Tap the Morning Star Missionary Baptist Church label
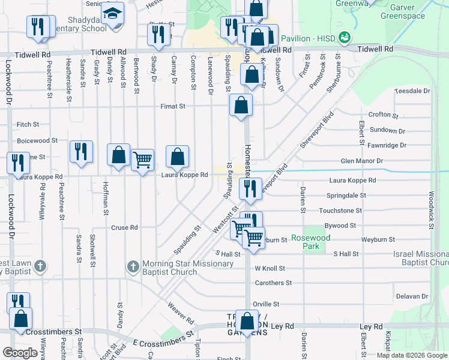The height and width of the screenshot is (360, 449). (x=170, y=268)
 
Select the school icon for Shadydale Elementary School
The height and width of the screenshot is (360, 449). (x=112, y=13)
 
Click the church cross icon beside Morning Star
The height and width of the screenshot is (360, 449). (x=134, y=265)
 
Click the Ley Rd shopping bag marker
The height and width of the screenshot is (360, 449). (x=247, y=321)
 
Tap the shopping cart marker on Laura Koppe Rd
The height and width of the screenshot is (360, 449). (x=142, y=160)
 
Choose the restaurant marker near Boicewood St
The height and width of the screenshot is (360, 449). (x=81, y=151)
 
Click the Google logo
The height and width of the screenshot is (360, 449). (x=20, y=353)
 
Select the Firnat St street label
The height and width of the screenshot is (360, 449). (x=173, y=106)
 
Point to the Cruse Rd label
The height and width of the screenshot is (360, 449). (x=124, y=227)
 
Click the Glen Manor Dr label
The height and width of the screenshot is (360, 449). (x=361, y=161)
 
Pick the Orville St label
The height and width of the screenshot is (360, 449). (x=266, y=304)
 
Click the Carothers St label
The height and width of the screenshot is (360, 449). (x=273, y=282)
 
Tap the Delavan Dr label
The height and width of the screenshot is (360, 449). (x=411, y=296)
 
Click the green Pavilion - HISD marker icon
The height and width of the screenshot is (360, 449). (x=345, y=38)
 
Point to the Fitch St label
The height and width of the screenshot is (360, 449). (x=28, y=125)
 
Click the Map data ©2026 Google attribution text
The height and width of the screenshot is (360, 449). (x=411, y=355)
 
